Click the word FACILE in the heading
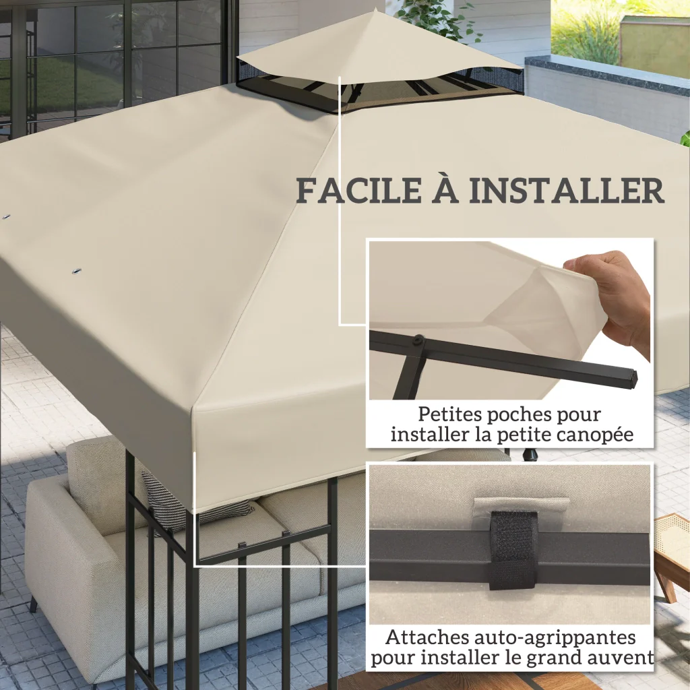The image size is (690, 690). tap(359, 191)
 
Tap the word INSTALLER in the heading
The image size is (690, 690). tap(566, 191)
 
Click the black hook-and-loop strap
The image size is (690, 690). tap(513, 550)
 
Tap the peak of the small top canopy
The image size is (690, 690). tap(375, 9)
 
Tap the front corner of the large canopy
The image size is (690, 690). tap(194, 409)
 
